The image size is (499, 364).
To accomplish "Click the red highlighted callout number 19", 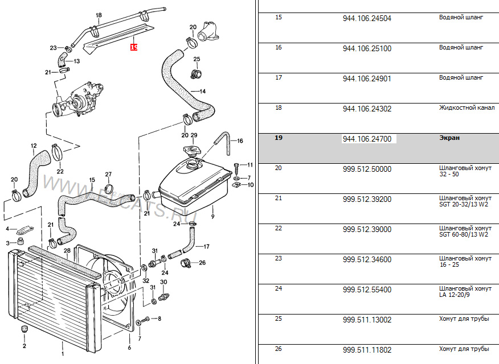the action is click(134, 47).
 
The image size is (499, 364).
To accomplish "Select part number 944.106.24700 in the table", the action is click(367, 139).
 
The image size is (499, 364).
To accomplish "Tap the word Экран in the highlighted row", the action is click(449, 138).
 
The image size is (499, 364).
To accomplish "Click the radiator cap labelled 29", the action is click(191, 150).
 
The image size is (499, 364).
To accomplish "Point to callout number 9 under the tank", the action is click(212, 217).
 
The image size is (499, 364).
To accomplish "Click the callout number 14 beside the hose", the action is click(202, 92).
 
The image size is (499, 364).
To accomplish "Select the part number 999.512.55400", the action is click(367, 289).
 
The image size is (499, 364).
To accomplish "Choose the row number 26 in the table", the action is click(279, 349).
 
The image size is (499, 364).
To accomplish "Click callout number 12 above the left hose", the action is click(34, 146).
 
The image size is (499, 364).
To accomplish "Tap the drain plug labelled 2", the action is click(23, 329).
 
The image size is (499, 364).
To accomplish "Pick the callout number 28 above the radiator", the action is click(67, 251).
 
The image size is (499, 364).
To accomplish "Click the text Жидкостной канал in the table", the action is click(467, 107).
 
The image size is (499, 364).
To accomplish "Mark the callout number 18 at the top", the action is click(99, 15).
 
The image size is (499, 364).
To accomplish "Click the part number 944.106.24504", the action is click(367, 18).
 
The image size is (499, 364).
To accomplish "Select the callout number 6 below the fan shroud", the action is click(129, 348).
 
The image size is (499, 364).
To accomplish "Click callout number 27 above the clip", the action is click(108, 175).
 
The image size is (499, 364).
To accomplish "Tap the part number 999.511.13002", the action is click(367, 320).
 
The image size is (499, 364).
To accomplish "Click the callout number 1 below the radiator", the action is click(63, 354).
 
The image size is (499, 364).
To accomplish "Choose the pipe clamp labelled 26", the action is click(186, 263).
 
